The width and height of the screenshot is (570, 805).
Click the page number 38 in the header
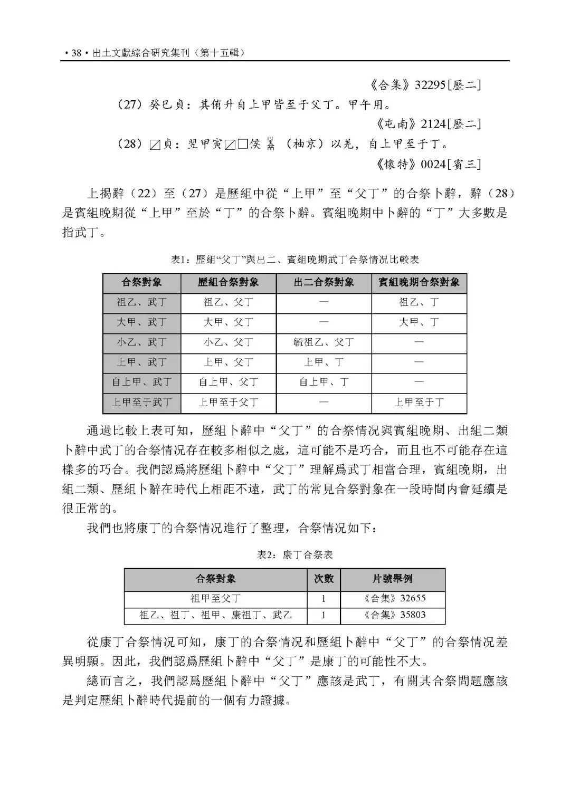point(76,53)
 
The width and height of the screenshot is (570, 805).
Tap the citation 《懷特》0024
point(428,164)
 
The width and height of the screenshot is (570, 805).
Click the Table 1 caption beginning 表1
point(295,260)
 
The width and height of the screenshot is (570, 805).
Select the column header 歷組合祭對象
point(228,282)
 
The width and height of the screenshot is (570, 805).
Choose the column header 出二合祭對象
point(324,282)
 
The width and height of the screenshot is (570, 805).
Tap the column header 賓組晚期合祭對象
point(419,282)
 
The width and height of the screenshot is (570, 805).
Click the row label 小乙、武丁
point(141,342)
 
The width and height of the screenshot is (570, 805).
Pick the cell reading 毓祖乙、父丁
point(324,342)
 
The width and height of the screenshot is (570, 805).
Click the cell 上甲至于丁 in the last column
point(419,402)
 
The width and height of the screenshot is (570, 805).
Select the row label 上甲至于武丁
point(141,402)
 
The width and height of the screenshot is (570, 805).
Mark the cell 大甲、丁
point(419,322)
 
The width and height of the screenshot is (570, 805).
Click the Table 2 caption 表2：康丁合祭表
point(295,554)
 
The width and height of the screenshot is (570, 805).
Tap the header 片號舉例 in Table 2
point(392,579)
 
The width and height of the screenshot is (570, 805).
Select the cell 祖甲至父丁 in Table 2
point(215,598)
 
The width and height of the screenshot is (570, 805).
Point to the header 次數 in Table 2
point(324,579)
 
